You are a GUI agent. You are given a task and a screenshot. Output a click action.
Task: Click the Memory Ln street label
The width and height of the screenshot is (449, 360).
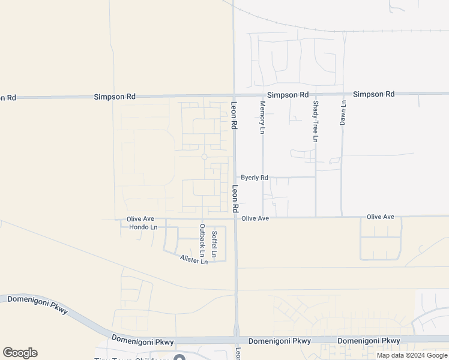(262, 118)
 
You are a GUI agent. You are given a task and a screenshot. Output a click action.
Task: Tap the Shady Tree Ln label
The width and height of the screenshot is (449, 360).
(316, 122)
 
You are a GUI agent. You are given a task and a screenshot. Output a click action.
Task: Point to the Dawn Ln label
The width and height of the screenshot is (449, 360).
(343, 112)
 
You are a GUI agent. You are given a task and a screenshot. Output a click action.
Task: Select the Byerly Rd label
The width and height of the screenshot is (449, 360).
(255, 178)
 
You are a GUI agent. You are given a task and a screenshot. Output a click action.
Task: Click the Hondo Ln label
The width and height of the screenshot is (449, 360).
(143, 227)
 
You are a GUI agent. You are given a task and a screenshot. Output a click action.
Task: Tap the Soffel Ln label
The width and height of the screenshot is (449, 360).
(214, 244)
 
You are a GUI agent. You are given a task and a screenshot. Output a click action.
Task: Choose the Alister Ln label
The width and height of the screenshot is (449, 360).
(194, 259)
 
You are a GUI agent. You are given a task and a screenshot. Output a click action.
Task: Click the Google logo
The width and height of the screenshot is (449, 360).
(20, 353)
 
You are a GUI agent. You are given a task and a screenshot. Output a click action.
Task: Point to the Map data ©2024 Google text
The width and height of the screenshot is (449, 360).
(412, 355)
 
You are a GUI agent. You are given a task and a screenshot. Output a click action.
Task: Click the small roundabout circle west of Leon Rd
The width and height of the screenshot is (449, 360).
(204, 157)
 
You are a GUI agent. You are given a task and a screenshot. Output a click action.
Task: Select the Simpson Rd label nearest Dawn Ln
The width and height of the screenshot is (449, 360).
(373, 94)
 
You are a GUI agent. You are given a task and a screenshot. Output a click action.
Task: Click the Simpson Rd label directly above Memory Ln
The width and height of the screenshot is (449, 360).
(288, 95)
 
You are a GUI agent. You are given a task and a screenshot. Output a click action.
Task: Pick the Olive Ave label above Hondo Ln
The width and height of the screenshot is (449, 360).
(141, 219)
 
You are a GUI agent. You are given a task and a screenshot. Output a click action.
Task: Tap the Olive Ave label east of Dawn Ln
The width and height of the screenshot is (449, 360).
(380, 217)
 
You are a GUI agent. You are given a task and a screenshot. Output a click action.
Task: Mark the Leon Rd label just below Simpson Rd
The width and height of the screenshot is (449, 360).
(235, 116)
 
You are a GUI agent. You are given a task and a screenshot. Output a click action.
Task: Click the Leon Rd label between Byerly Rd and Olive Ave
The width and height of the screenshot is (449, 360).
(235, 197)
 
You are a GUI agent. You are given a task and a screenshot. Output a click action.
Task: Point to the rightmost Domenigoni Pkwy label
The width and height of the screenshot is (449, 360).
(369, 341)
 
